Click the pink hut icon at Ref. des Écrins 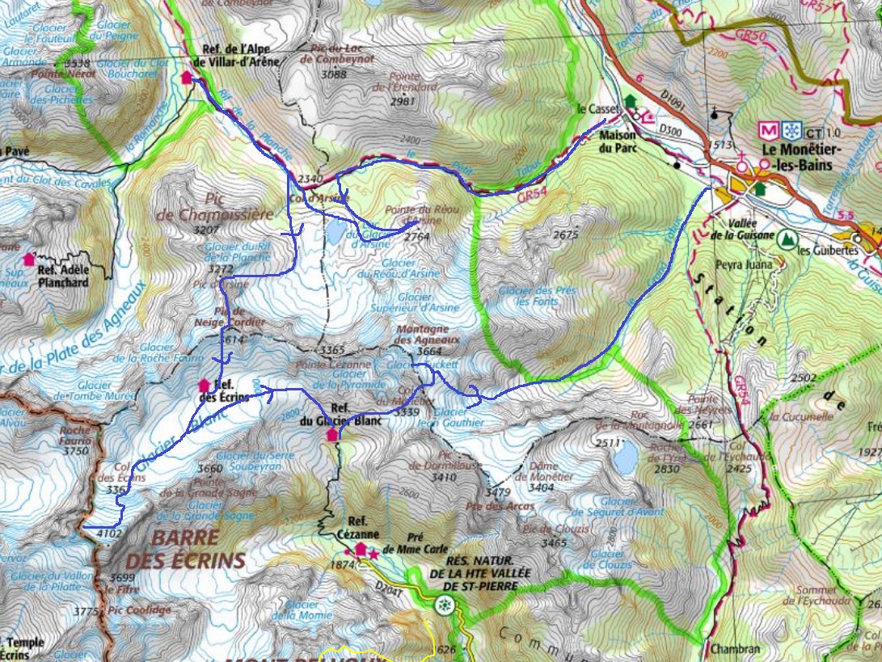(204, 386)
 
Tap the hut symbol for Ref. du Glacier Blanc (331, 435)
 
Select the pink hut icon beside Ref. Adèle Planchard (30, 259)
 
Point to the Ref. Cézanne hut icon (361, 548)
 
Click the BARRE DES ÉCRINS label (185, 549)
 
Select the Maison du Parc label (618, 142)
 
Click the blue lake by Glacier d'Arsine (334, 233)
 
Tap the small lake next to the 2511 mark (624, 458)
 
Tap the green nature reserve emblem (443, 604)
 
